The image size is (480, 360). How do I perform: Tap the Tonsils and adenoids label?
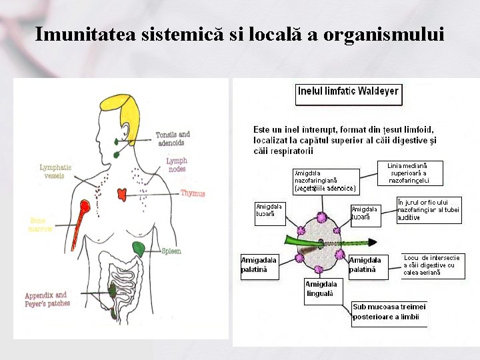(173, 138)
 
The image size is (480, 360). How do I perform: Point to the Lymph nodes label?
(177, 165)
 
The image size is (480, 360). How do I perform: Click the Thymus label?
(193, 193)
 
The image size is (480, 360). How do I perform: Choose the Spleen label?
(171, 251)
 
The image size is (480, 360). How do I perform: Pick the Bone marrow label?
(41, 225)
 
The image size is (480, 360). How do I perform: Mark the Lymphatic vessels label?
(55, 171)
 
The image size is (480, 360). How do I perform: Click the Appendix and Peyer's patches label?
(47, 299)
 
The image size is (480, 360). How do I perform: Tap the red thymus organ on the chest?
(122, 194)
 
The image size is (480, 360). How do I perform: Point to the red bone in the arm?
(81, 217)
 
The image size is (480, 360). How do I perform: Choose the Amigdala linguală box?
(321, 289)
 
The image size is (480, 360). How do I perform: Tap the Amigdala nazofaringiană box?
(326, 181)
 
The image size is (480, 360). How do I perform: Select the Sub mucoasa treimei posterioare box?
(389, 312)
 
